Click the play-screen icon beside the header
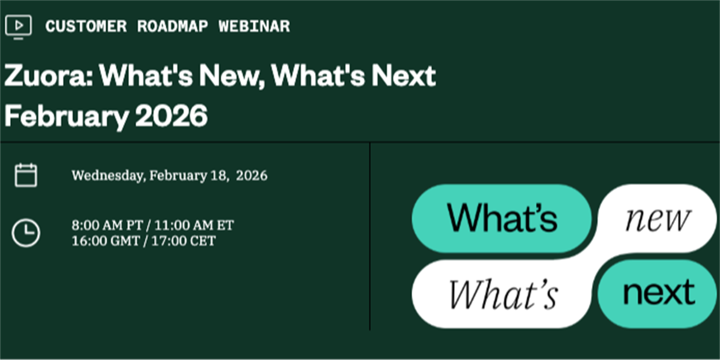(19, 27)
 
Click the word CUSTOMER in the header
(86, 26)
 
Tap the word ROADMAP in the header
(173, 26)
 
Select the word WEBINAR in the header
(254, 26)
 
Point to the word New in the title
(232, 76)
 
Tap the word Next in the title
(404, 76)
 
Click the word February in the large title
(67, 116)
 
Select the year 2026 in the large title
(172, 115)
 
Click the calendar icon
(26, 175)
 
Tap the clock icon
(26, 233)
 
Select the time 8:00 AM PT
(107, 226)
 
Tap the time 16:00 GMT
(106, 241)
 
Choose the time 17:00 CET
(183, 241)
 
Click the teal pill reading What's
(502, 218)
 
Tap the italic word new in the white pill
(658, 220)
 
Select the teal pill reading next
(658, 293)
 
